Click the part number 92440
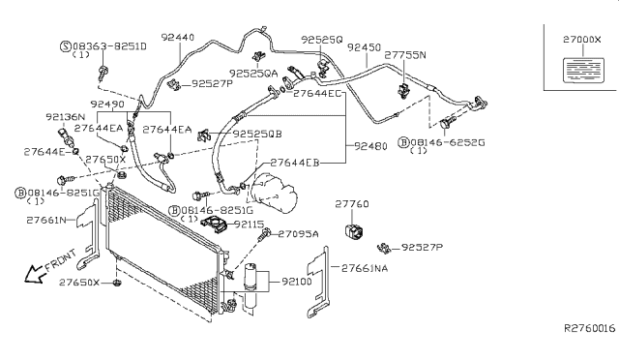(178, 38)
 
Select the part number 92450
(364, 46)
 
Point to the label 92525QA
(253, 73)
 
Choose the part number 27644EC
(318, 94)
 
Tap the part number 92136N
(65, 116)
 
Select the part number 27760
(352, 204)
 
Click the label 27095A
(298, 234)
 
